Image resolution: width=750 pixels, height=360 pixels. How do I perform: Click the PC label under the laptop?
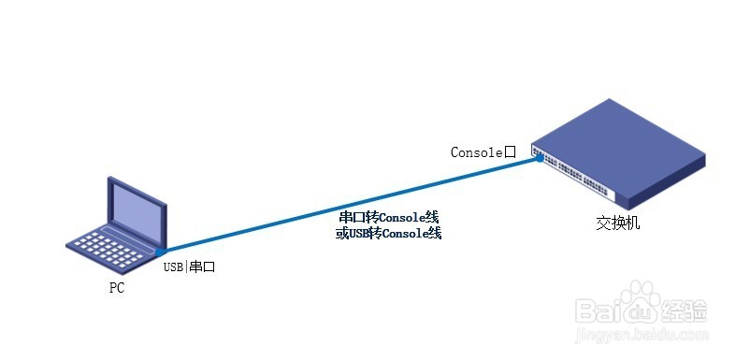coord(116,288)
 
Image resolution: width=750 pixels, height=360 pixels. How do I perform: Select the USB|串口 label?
coord(190,266)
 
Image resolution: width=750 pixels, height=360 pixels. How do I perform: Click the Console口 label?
coord(483,151)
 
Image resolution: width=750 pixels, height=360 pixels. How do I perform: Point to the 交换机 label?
coord(618,224)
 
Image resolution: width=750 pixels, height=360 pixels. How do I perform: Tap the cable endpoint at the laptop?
coord(163,252)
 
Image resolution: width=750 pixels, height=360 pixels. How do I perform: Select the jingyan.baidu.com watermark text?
coord(645,334)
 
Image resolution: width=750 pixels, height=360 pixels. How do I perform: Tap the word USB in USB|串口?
coord(174,266)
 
